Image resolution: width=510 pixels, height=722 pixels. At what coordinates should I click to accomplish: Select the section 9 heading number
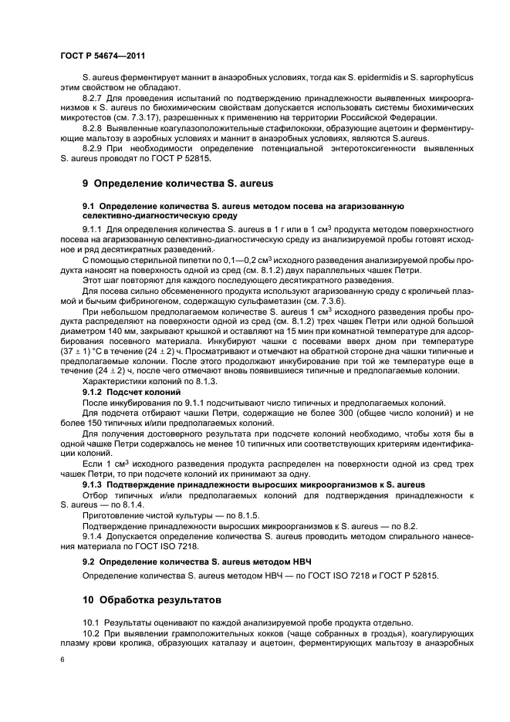tap(86, 184)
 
